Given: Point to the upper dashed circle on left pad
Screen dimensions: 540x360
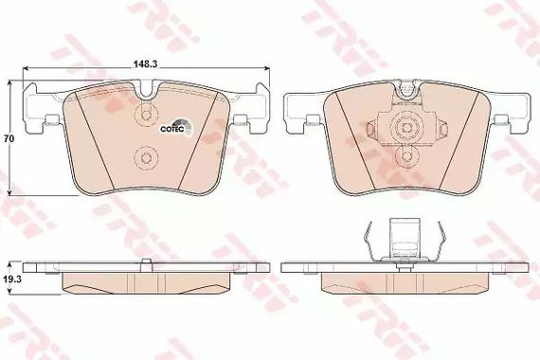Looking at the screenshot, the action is pyautogui.click(x=146, y=115).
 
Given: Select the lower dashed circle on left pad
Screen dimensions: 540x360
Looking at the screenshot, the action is pyautogui.click(x=146, y=157).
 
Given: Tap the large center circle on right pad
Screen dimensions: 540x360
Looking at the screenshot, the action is pyautogui.click(x=406, y=128).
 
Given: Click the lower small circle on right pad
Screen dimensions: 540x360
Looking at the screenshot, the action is pyautogui.click(x=406, y=155).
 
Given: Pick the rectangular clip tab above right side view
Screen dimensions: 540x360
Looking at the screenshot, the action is pyautogui.click(x=405, y=237).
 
